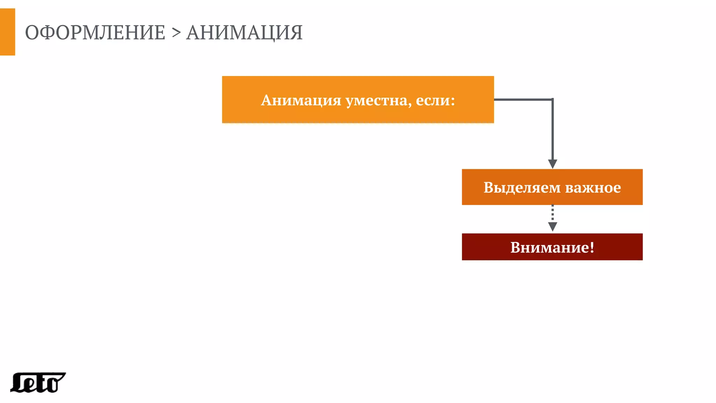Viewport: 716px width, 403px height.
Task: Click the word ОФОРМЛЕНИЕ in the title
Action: tap(95, 33)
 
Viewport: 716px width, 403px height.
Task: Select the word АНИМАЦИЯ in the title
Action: tap(244, 33)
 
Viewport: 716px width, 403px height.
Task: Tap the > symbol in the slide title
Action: tap(176, 33)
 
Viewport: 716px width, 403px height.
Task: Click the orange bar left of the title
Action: tap(7, 32)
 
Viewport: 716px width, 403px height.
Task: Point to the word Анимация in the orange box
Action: tap(301, 100)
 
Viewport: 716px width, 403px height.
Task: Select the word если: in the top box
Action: tap(435, 100)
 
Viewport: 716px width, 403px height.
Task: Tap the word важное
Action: tap(593, 188)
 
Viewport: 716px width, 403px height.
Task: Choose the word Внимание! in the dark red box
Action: tap(552, 247)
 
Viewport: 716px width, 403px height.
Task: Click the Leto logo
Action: tap(38, 383)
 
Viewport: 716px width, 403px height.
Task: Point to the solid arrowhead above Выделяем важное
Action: tap(552, 164)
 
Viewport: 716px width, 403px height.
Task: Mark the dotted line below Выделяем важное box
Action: tap(552, 213)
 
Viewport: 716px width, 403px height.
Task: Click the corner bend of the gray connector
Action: tap(552, 100)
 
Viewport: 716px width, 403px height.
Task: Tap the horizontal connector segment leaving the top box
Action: tap(523, 100)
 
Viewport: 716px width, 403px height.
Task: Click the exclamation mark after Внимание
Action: tap(592, 247)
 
